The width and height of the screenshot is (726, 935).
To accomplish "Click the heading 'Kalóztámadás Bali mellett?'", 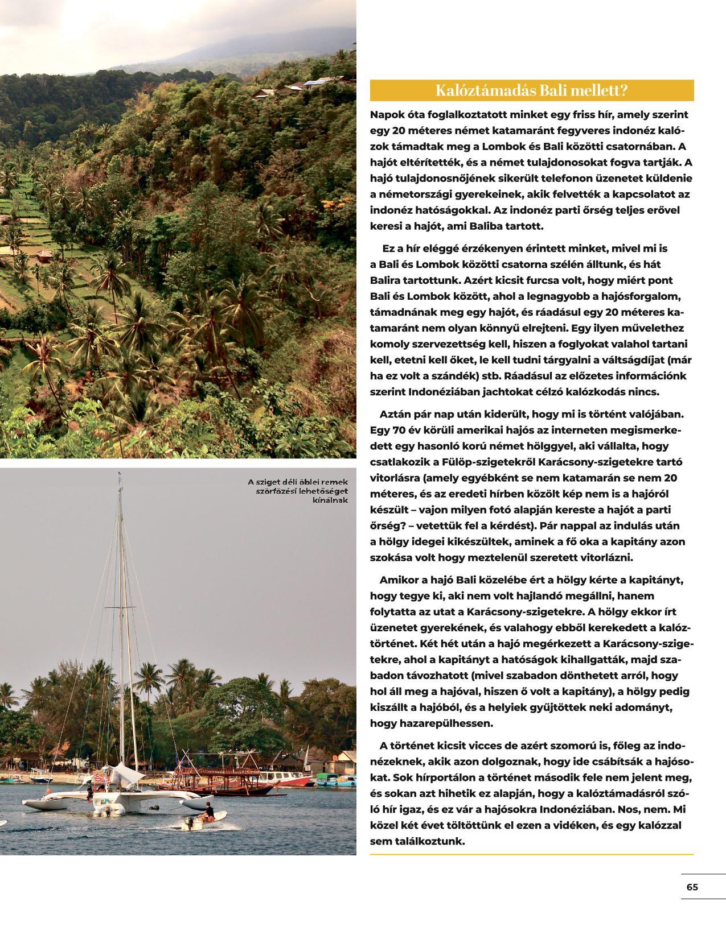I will [x=531, y=90].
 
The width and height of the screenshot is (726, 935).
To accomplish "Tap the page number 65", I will [x=692, y=887].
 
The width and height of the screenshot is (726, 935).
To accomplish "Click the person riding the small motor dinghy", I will [x=210, y=810].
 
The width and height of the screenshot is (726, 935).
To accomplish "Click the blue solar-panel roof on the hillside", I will [x=315, y=82].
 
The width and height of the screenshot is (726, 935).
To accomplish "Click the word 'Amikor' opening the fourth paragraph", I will [x=398, y=580].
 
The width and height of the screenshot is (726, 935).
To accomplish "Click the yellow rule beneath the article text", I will [x=531, y=854].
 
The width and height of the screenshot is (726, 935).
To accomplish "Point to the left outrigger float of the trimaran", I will [x=40, y=804].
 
